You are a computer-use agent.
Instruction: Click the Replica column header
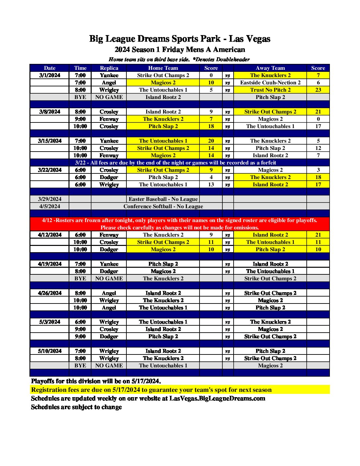109,68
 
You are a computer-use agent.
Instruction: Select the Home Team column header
163,68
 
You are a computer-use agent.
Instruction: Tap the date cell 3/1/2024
50,75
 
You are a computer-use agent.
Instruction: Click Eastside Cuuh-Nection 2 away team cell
270,82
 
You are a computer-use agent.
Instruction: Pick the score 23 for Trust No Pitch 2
318,90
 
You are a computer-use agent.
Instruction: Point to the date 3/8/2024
50,112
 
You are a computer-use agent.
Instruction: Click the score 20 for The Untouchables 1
211,141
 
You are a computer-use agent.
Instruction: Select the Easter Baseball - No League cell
163,199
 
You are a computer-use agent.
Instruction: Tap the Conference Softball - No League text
163,206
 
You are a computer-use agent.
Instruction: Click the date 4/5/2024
50,206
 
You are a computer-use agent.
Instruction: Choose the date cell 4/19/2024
50,264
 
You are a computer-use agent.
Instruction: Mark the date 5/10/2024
50,351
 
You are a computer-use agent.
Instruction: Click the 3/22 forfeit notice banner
175,163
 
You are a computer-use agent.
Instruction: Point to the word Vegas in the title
257,39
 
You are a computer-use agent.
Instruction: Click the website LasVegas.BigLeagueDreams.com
217,398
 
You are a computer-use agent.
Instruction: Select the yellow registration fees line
151,390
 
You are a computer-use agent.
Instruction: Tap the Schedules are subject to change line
76,407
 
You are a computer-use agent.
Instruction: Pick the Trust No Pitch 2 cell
270,90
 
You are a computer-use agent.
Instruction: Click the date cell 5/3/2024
50,322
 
